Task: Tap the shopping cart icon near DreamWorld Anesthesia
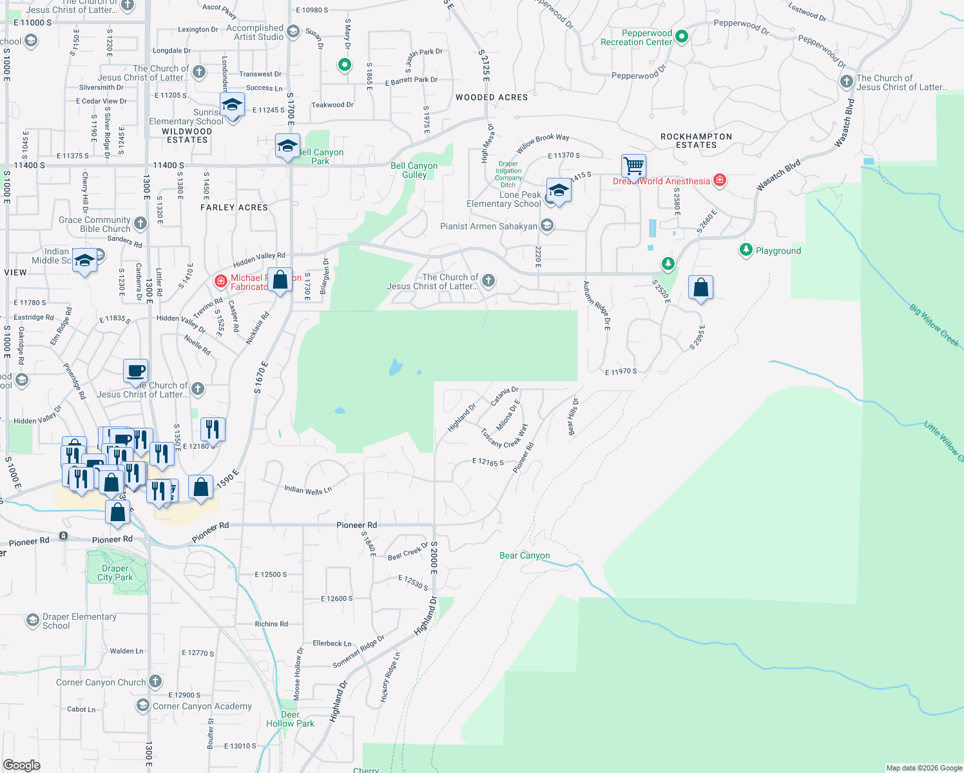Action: (x=634, y=166)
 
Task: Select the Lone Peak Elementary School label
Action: (x=504, y=199)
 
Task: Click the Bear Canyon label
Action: (x=525, y=555)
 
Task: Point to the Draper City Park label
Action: (x=115, y=573)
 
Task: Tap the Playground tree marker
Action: (x=746, y=250)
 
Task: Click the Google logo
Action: (x=22, y=765)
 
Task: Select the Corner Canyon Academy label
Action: (x=202, y=706)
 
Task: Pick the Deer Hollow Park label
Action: (x=290, y=719)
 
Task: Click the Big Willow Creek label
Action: (x=934, y=325)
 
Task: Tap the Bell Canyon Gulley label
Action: (x=414, y=170)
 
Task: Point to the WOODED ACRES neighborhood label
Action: (x=492, y=97)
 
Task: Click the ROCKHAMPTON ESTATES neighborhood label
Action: (x=696, y=140)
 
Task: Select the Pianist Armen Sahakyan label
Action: (x=488, y=226)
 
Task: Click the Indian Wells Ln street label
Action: (x=308, y=490)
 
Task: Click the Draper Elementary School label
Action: (x=79, y=621)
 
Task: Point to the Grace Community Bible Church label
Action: (x=95, y=224)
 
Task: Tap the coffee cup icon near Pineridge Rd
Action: (x=136, y=370)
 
